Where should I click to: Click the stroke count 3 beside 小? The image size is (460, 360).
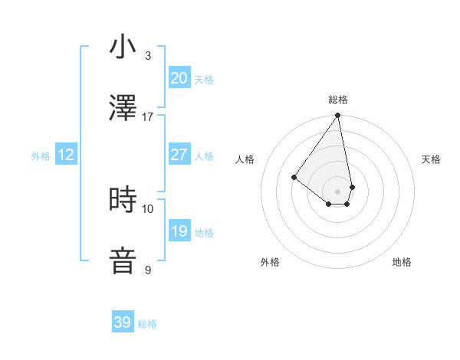point(148,55)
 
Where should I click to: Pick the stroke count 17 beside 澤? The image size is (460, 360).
point(148,116)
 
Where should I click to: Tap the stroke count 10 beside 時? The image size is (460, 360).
point(148,208)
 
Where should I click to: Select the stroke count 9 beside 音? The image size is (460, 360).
point(148,270)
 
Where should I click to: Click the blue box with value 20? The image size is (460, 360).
point(179,78)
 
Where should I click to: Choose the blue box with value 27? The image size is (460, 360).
point(179,155)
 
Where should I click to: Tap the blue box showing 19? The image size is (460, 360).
point(179,231)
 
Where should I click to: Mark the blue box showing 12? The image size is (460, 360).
point(66,155)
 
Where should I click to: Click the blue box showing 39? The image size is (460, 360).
point(123,322)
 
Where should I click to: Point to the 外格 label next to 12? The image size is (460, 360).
point(41,156)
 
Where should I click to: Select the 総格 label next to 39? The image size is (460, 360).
point(147,324)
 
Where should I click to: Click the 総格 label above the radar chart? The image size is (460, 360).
point(338,100)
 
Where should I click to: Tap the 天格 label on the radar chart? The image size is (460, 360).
point(431,159)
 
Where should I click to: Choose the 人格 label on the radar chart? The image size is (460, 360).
point(245,159)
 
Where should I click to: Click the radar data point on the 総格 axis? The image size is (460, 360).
point(337,116)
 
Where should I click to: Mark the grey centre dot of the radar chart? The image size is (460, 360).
point(337,191)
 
